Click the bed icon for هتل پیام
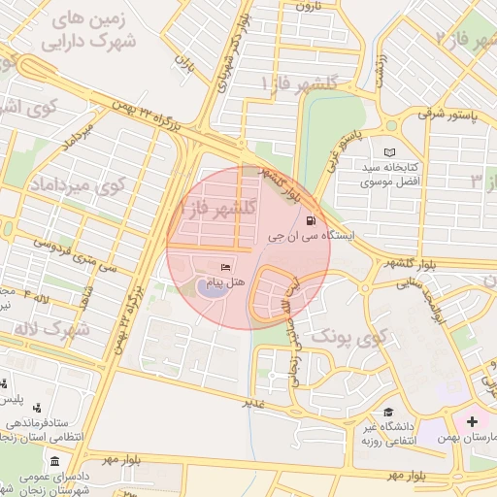(x=226, y=267)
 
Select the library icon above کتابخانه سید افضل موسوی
(x=389, y=153)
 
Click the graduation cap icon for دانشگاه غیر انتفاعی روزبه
(x=388, y=413)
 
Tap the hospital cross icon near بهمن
(x=473, y=422)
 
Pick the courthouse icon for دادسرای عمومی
(x=55, y=461)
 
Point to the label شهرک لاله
(x=52, y=329)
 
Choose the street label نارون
(x=307, y=6)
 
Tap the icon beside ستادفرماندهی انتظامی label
(x=36, y=408)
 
